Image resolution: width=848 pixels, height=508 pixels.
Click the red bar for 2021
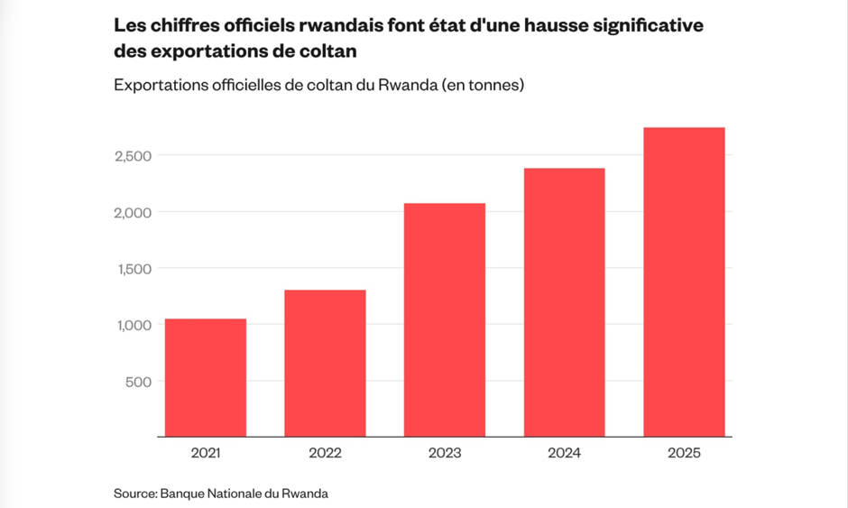click(206, 378)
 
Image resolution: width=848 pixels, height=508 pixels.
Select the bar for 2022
click(325, 363)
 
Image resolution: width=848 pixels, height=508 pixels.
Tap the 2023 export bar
click(445, 319)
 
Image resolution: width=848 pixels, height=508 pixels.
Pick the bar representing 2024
click(564, 302)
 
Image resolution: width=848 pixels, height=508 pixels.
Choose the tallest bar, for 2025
click(684, 282)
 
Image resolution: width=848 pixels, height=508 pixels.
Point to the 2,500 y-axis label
click(133, 156)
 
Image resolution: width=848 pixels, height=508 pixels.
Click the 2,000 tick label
click(133, 213)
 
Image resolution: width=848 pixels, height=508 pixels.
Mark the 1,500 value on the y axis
click(134, 269)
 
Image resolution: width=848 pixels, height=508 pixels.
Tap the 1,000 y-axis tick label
click(134, 325)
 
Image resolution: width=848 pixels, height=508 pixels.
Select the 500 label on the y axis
click(138, 382)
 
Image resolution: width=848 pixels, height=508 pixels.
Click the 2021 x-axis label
click(206, 453)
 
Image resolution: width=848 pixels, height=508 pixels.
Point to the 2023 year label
click(445, 453)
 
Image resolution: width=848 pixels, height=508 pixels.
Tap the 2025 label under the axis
click(684, 453)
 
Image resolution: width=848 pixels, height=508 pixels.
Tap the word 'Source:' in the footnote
click(135, 494)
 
